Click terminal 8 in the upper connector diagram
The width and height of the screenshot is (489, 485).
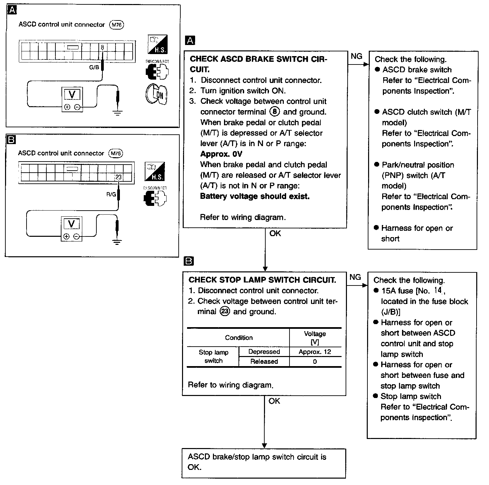pos(102,47)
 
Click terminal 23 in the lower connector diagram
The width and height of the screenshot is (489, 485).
pos(118,177)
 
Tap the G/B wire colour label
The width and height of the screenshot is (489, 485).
pos(94,68)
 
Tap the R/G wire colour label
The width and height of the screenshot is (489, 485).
pos(111,194)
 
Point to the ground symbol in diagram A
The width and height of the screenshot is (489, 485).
pos(118,113)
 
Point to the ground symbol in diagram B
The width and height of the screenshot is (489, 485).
pos(117,242)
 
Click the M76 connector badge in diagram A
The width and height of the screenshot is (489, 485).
pos(117,25)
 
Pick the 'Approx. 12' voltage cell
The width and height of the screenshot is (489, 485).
pos(315,352)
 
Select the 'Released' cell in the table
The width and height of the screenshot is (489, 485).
pos(264,362)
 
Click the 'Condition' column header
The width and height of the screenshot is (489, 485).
pos(239,338)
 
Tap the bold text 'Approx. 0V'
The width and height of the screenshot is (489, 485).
pos(221,154)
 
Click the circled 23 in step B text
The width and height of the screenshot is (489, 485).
pos(225,312)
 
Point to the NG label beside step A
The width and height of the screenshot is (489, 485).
pos(356,56)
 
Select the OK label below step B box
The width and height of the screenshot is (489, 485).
pos(274,401)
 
